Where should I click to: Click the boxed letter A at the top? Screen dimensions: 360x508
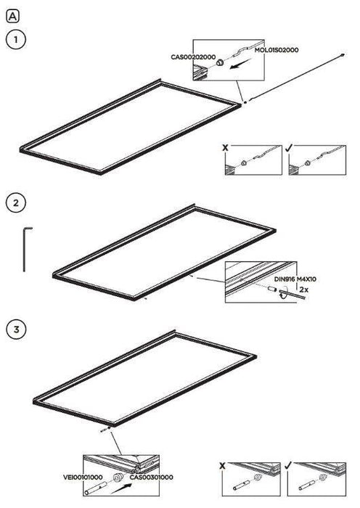[x=12, y=17]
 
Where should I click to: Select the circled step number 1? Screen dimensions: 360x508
[x=15, y=40]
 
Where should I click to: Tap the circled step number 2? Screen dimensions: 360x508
[x=15, y=203]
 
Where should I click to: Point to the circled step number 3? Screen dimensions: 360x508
[x=15, y=329]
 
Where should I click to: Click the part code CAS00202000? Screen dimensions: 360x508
[x=193, y=57]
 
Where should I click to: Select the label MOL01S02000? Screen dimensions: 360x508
[x=277, y=50]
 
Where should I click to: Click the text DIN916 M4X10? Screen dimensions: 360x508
[x=295, y=279]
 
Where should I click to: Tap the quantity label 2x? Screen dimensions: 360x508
[x=303, y=290]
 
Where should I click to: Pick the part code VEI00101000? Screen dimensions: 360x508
[x=83, y=478]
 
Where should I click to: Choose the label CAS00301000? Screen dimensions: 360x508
[x=151, y=478]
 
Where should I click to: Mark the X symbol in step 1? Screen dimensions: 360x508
[x=225, y=148]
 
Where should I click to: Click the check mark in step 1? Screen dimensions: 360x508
[x=289, y=148]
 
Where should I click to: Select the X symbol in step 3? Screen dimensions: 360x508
[x=222, y=466]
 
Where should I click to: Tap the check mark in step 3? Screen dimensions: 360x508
[x=288, y=466]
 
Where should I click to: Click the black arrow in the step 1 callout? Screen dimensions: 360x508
[x=240, y=64]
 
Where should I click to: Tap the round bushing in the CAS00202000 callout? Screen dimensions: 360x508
[x=219, y=62]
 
